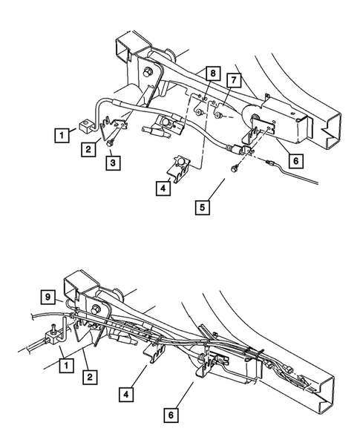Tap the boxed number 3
[x=111, y=161]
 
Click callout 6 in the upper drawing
[x=297, y=160]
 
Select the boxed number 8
[x=213, y=73]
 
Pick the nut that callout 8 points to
[x=201, y=111]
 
